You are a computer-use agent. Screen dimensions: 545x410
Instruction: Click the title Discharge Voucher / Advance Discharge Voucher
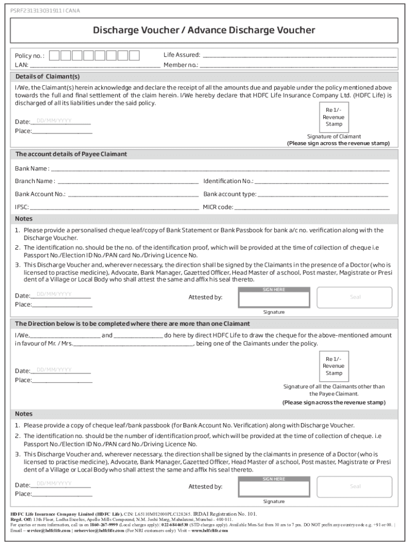[204, 30]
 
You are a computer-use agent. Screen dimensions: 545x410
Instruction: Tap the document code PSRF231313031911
[37, 10]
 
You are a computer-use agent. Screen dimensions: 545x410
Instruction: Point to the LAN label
[21, 65]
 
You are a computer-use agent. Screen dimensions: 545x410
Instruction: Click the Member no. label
[181, 65]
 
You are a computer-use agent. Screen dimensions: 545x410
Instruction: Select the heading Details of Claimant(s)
[47, 76]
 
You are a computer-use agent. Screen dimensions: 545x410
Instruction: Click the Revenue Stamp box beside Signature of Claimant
[333, 117]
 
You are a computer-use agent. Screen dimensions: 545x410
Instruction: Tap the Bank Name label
[32, 169]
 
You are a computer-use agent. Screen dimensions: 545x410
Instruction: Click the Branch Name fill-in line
[128, 181]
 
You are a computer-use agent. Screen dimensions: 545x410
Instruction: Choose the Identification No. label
[228, 181]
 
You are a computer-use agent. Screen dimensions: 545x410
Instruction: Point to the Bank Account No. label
[40, 194]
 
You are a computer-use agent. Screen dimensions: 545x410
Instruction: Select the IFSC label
[22, 207]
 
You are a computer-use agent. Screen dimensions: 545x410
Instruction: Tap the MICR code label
[218, 207]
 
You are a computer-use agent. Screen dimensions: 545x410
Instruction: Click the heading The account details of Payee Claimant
[71, 154]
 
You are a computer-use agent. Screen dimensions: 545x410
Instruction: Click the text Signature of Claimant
[334, 136]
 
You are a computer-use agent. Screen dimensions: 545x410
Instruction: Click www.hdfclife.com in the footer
[210, 531]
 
